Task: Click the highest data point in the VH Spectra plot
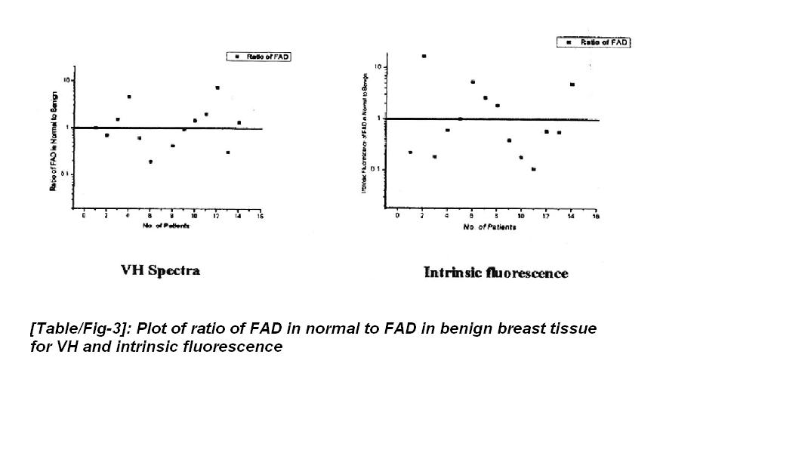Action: coord(217,88)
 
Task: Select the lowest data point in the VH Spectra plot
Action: coord(150,162)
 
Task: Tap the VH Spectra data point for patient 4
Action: coord(129,97)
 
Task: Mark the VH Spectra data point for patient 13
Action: coord(228,152)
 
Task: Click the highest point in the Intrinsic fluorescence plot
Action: coord(424,56)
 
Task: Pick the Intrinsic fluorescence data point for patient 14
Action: coord(572,85)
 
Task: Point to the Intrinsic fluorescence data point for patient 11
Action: coord(533,169)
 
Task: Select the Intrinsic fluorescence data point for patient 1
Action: coord(410,152)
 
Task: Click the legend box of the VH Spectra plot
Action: coord(258,57)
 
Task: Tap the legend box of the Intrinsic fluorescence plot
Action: coord(594,43)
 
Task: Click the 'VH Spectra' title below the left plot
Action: coord(160,270)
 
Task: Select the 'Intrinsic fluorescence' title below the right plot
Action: coord(496,273)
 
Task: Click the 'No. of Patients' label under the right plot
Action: coord(490,227)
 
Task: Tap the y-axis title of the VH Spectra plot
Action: coord(54,141)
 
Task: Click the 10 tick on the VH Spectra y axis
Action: coord(67,80)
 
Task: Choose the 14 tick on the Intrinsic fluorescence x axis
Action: coord(572,216)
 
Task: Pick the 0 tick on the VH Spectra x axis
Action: coord(84,216)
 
